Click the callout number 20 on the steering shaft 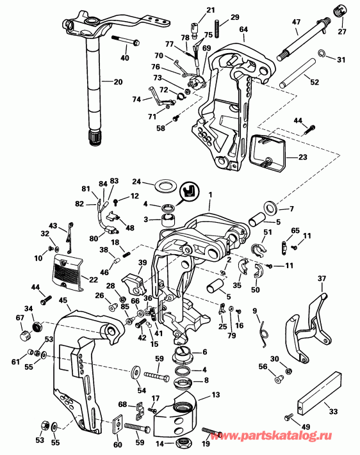[117, 82]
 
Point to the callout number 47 [296, 22]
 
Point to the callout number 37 [322, 279]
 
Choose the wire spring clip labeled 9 [265, 327]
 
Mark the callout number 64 [243, 29]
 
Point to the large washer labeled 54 [136, 372]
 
